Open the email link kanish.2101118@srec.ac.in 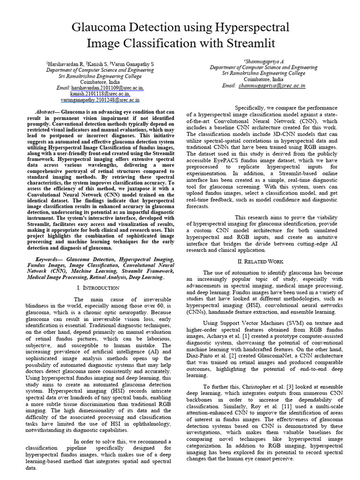click(x=100, y=94)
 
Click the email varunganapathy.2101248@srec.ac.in click(x=100, y=100)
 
